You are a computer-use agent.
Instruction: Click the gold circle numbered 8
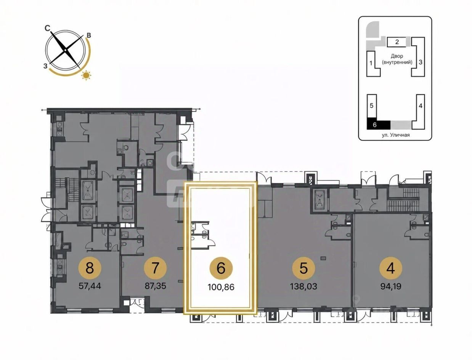pyautogui.click(x=90, y=269)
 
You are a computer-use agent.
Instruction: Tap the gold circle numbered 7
pyautogui.click(x=155, y=269)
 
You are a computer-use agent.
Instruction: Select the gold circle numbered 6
pyautogui.click(x=221, y=269)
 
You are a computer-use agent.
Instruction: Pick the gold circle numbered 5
pyautogui.click(x=303, y=269)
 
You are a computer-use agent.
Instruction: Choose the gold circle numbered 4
pyautogui.click(x=390, y=269)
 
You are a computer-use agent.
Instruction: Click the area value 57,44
pyautogui.click(x=90, y=286)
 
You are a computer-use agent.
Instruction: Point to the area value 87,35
pyautogui.click(x=155, y=286)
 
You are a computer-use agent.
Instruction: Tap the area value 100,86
pyautogui.click(x=221, y=287)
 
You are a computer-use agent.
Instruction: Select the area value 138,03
pyautogui.click(x=303, y=286)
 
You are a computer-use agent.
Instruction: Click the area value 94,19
pyautogui.click(x=391, y=286)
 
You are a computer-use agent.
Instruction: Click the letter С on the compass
pyautogui.click(x=47, y=28)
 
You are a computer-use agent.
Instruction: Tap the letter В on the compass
pyautogui.click(x=88, y=35)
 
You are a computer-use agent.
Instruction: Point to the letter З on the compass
pyautogui.click(x=45, y=66)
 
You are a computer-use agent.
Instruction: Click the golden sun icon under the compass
pyautogui.click(x=86, y=75)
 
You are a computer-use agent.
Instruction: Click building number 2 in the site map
pyautogui.click(x=397, y=42)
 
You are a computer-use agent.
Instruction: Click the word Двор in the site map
pyautogui.click(x=397, y=56)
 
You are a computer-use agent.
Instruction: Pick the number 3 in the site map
pyautogui.click(x=421, y=62)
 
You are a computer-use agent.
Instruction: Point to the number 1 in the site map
pyautogui.click(x=371, y=63)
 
